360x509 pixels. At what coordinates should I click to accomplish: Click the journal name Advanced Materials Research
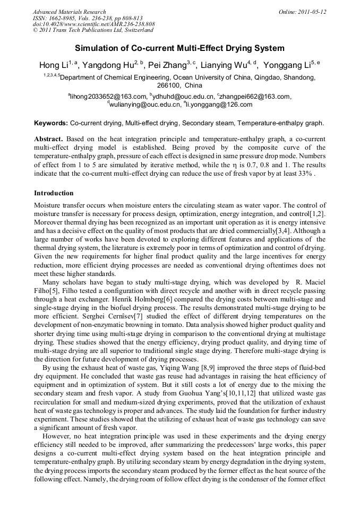pos(69,12)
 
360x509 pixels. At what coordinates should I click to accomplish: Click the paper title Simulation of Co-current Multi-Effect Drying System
pos(179,48)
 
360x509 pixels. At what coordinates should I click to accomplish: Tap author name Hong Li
pos(51,66)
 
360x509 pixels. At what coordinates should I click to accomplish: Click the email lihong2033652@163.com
pos(108,97)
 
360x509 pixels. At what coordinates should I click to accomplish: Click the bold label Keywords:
pos(51,123)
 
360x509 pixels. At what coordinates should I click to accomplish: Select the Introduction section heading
pos(54,193)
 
